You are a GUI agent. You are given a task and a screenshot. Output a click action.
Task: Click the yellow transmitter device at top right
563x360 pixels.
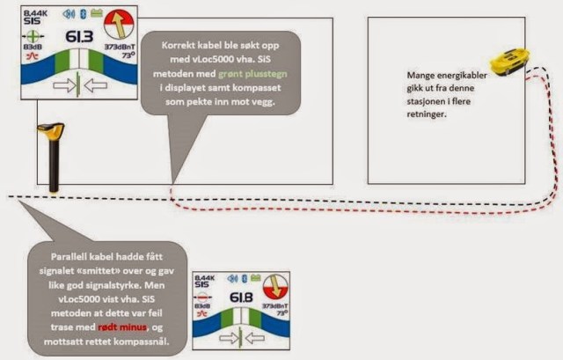point(510,61)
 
